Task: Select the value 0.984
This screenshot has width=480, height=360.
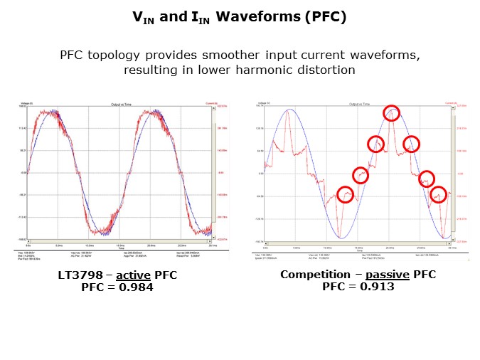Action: pos(134,287)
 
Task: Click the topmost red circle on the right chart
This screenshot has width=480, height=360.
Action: pos(392,112)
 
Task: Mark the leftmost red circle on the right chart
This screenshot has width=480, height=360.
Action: pos(345,194)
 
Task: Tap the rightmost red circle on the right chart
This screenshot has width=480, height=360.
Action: pos(439,194)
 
